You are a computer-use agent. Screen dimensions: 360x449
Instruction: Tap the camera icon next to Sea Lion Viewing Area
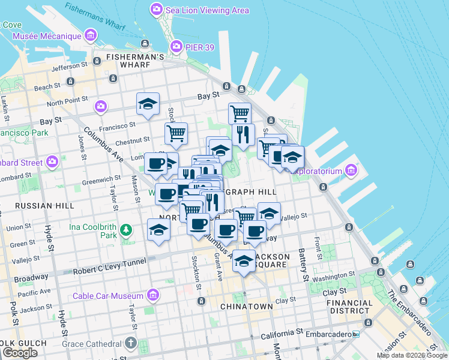pyautogui.click(x=156, y=9)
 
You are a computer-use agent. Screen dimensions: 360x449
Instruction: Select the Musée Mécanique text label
pyautogui.click(x=47, y=36)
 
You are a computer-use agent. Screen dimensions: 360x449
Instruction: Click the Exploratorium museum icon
pyautogui.click(x=351, y=172)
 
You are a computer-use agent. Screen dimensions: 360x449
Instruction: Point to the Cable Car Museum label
pyautogui.click(x=108, y=296)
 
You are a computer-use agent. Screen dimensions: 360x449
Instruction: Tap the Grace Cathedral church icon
pyautogui.click(x=131, y=344)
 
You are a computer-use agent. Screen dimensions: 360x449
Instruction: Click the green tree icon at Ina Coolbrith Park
pyautogui.click(x=126, y=230)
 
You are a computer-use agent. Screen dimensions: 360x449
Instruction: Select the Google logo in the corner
pyautogui.click(x=20, y=353)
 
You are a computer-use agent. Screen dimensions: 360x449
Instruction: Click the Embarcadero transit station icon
pyautogui.click(x=356, y=334)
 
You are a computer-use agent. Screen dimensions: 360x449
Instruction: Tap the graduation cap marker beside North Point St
pyautogui.click(x=148, y=104)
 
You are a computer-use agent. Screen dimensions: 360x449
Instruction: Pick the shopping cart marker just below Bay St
pyautogui.click(x=240, y=112)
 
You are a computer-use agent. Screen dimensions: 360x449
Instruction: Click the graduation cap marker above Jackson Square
pyautogui.click(x=244, y=260)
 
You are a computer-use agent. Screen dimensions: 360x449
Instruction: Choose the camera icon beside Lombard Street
pyautogui.click(x=52, y=162)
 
